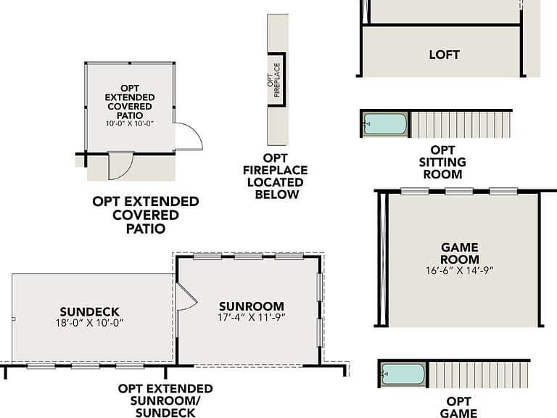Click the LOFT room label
pyautogui.click(x=444, y=54)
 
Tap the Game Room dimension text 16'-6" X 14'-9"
pyautogui.click(x=460, y=271)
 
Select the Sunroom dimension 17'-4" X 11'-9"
pyautogui.click(x=252, y=317)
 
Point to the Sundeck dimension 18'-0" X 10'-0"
pyautogui.click(x=89, y=323)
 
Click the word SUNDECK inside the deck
pyautogui.click(x=89, y=312)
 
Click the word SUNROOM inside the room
pyautogui.click(x=252, y=306)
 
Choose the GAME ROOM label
pyautogui.click(x=460, y=253)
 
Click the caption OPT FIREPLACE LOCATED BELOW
pyautogui.click(x=276, y=176)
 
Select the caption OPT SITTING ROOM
pyautogui.click(x=442, y=162)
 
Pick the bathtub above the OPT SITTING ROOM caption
pyautogui.click(x=384, y=123)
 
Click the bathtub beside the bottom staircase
pyautogui.click(x=403, y=374)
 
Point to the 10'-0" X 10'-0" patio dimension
pyautogui.click(x=130, y=123)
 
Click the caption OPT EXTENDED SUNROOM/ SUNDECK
pyautogui.click(x=165, y=401)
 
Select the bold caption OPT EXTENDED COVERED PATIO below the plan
pyautogui.click(x=146, y=215)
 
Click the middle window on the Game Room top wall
pyautogui.click(x=459, y=192)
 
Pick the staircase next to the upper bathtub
pyautogui.click(x=461, y=124)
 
